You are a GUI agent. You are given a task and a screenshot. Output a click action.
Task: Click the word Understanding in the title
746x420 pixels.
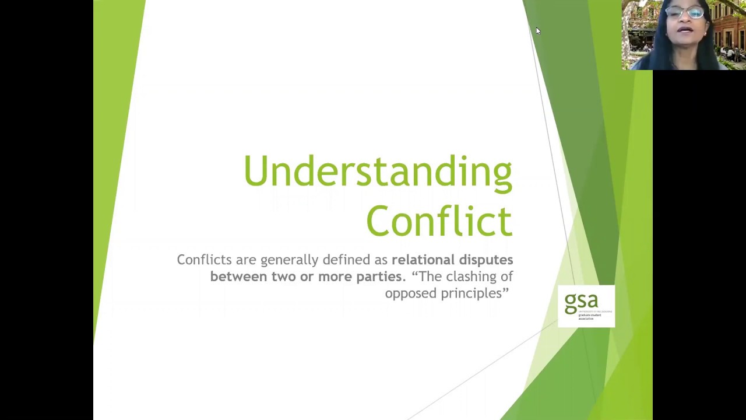click(x=378, y=171)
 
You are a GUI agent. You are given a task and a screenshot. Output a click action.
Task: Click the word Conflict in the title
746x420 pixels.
click(x=439, y=221)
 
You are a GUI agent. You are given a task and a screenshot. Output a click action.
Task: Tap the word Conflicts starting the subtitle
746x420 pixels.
click(x=204, y=260)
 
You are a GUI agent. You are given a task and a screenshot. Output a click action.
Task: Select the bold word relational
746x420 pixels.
click(x=423, y=260)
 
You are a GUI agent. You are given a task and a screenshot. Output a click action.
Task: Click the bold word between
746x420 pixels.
click(x=239, y=276)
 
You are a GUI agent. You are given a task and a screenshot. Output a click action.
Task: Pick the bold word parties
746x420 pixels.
click(x=379, y=276)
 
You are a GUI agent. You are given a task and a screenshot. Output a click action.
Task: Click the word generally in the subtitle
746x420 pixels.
click(x=289, y=260)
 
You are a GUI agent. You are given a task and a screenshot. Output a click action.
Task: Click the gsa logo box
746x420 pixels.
click(x=586, y=306)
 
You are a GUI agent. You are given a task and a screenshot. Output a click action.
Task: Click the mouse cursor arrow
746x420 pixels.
click(x=537, y=30)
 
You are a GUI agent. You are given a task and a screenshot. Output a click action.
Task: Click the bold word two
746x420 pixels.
click(x=284, y=276)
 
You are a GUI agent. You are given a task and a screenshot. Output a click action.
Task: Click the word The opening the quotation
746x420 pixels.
click(x=428, y=276)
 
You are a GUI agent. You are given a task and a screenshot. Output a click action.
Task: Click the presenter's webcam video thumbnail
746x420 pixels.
click(x=684, y=35)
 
